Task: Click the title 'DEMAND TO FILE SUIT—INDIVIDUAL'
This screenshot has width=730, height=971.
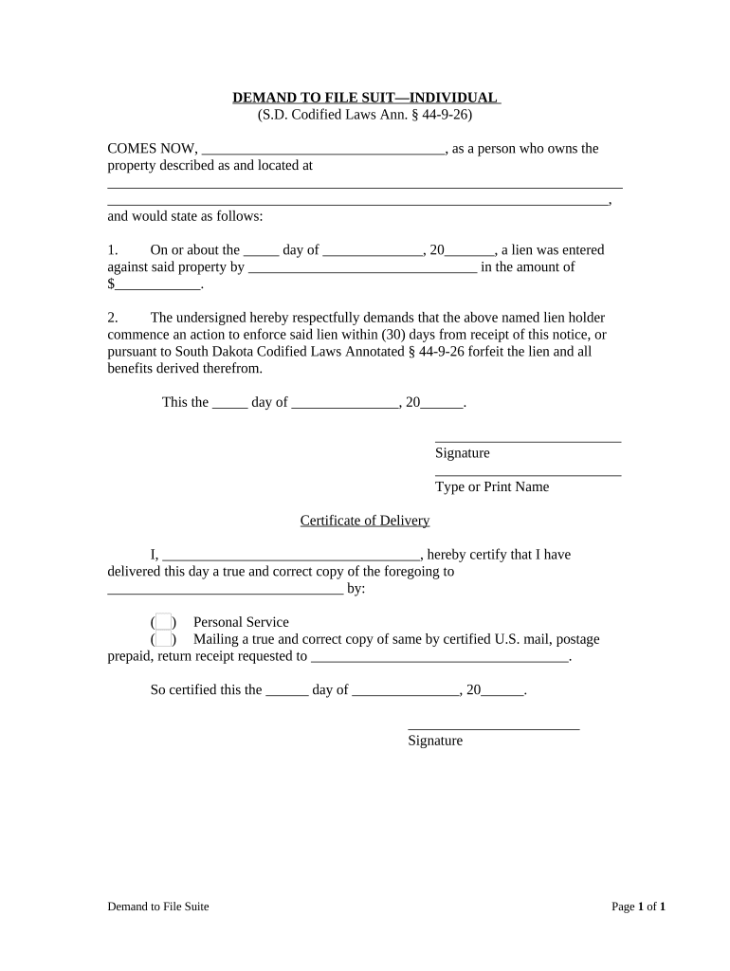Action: (x=365, y=98)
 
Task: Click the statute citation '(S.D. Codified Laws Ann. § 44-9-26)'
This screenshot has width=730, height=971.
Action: (x=365, y=115)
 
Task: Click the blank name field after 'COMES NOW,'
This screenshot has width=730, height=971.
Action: (x=323, y=149)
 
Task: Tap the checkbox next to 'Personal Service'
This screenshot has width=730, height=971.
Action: (x=164, y=622)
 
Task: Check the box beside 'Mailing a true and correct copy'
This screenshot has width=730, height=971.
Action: (x=164, y=640)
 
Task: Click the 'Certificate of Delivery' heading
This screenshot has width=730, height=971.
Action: (x=365, y=521)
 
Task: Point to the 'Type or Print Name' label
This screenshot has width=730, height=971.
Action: (x=491, y=487)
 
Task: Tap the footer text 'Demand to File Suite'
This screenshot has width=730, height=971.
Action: (x=158, y=907)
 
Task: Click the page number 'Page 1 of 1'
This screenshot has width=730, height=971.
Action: (x=638, y=907)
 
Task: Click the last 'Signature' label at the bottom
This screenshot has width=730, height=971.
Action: (x=435, y=741)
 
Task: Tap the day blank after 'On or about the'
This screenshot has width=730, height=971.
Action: (x=261, y=251)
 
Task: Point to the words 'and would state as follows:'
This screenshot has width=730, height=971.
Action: (x=185, y=216)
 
